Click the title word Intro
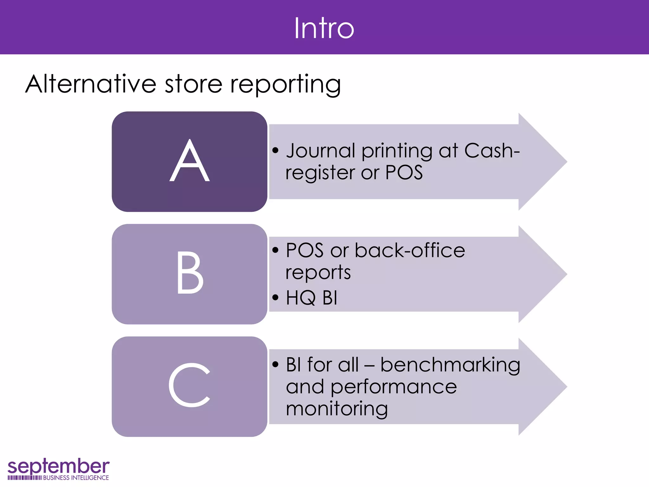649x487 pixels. tap(324, 29)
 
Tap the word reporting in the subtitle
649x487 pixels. tap(285, 85)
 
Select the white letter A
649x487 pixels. tap(190, 161)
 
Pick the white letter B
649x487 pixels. tap(190, 273)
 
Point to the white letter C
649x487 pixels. tap(190, 385)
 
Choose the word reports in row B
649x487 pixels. tap(318, 273)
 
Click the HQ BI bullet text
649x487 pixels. tap(312, 298)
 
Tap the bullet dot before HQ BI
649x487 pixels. tap(275, 298)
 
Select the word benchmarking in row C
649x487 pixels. tap(450, 365)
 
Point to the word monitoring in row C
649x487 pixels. tap(337, 409)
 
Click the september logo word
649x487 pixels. tap(58, 466)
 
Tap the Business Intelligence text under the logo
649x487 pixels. tap(76, 478)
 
